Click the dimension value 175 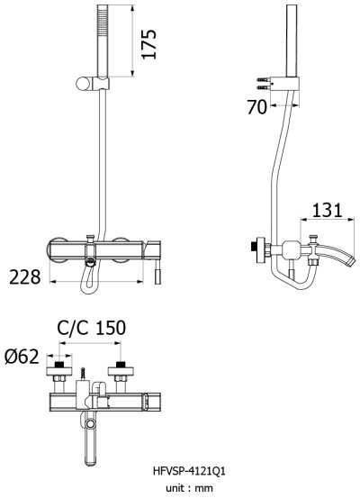click(x=150, y=41)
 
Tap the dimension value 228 click(x=25, y=276)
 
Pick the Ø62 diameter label click(x=22, y=358)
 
